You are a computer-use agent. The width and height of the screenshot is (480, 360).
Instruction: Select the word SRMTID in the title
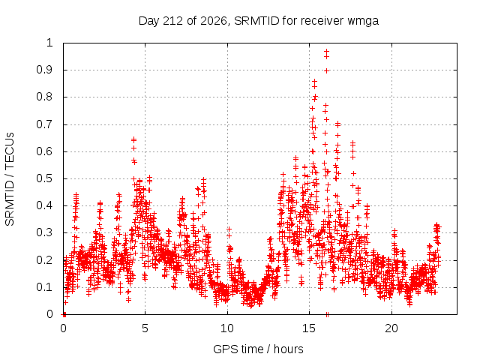pyautogui.click(x=256, y=20)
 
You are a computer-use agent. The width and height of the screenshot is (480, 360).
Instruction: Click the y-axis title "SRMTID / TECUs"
pyautogui.click(x=10, y=179)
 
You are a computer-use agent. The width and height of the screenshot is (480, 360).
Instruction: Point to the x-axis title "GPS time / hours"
pyautogui.click(x=258, y=349)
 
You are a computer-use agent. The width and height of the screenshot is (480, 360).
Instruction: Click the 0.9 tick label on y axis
pyautogui.click(x=45, y=70)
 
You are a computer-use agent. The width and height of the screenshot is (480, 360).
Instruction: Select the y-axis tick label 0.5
pyautogui.click(x=45, y=178)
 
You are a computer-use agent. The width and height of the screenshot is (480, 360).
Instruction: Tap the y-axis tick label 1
pyautogui.click(x=49, y=43)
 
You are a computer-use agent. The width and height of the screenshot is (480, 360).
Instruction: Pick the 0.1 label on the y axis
pyautogui.click(x=45, y=287)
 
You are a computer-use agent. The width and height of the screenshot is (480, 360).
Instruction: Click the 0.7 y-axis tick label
pyautogui.click(x=45, y=124)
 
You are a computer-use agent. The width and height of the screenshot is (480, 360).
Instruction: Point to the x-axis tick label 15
pyautogui.click(x=309, y=328)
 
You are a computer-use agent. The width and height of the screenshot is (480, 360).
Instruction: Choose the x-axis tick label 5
pyautogui.click(x=145, y=328)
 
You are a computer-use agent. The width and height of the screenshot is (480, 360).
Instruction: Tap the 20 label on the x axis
pyautogui.click(x=391, y=328)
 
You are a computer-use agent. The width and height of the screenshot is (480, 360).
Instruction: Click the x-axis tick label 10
pyautogui.click(x=227, y=328)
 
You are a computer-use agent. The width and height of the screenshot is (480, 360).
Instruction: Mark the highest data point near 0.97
pyautogui.click(x=327, y=52)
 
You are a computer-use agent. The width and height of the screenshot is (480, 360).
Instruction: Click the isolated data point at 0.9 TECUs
pyautogui.click(x=327, y=70)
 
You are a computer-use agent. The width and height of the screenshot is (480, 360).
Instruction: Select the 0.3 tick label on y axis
pyautogui.click(x=45, y=232)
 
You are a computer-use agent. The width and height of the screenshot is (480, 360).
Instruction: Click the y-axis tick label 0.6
pyautogui.click(x=45, y=151)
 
